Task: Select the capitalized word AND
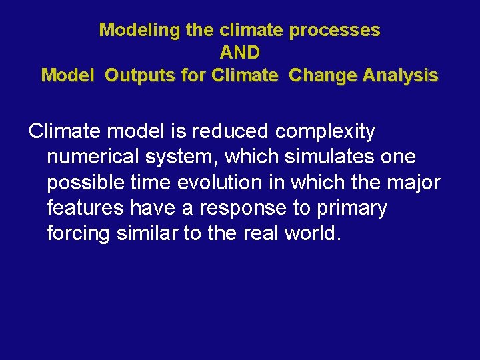click(x=239, y=53)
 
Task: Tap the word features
click(x=85, y=208)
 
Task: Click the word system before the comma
click(x=188, y=157)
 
